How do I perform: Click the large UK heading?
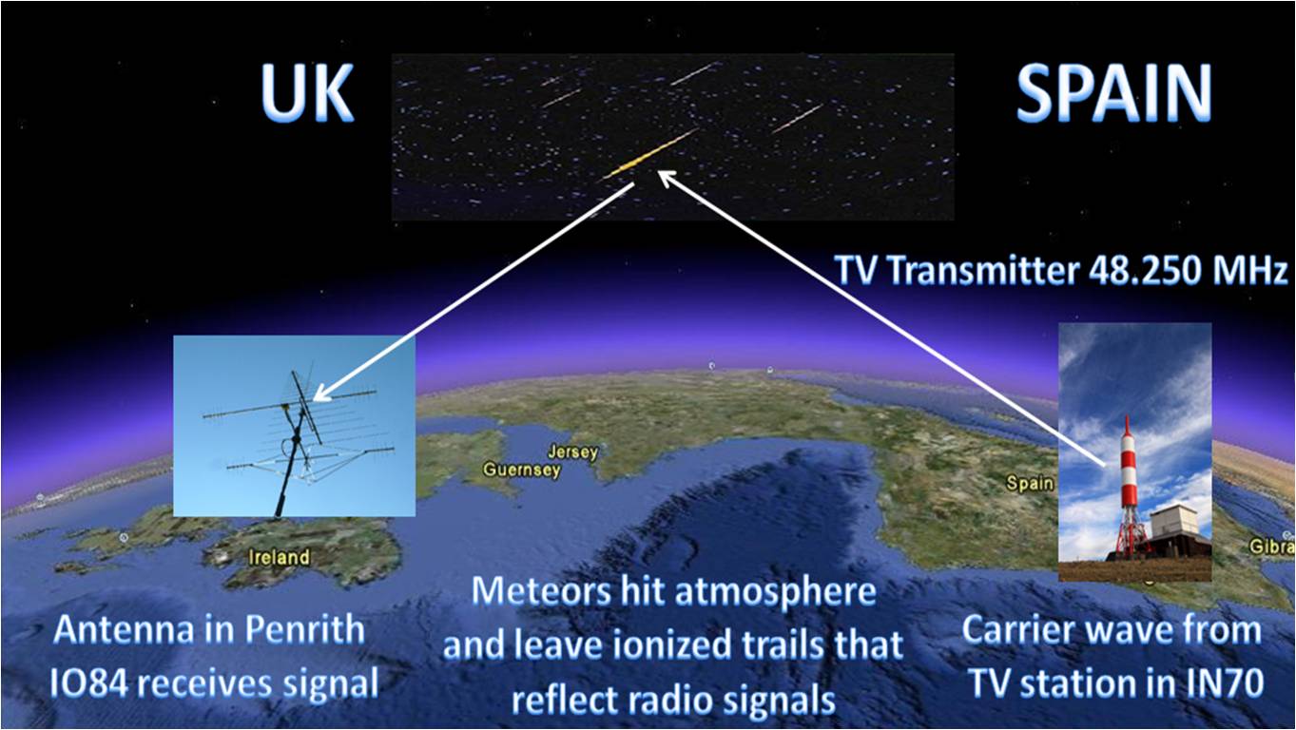point(306,92)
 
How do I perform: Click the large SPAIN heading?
point(1113,92)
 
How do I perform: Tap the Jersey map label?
point(572,451)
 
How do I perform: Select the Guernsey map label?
point(522,470)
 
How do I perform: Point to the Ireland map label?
point(279,557)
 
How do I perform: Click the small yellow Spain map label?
point(1029,483)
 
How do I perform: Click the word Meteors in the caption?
point(540,592)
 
